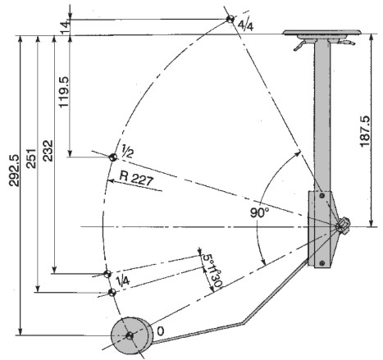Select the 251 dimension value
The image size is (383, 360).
(x=30, y=158)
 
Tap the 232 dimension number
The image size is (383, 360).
(x=48, y=151)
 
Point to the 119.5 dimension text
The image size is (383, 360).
(x=64, y=92)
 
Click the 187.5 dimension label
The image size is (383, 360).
(x=365, y=131)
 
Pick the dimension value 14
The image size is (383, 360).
(x=66, y=28)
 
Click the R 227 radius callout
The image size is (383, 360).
(x=136, y=179)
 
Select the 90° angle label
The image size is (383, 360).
(x=259, y=212)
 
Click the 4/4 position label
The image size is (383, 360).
(x=245, y=25)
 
